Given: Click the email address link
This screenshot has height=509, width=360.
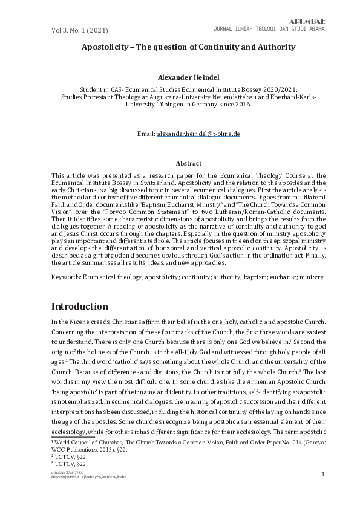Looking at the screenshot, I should (198, 132).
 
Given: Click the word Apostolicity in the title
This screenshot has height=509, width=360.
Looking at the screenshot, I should (107, 46).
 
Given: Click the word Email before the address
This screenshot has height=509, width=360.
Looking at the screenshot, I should (146, 132).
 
